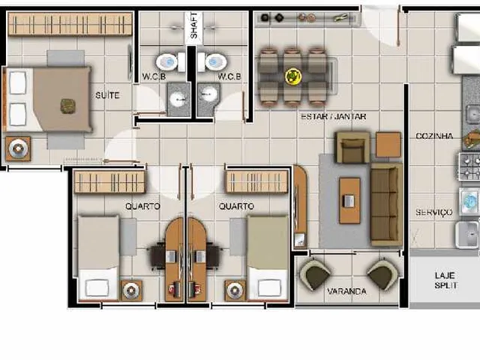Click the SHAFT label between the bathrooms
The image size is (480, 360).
click(x=194, y=25)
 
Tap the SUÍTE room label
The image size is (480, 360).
click(x=107, y=95)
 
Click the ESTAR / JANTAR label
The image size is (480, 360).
click(x=333, y=117)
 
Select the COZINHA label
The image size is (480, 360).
click(x=434, y=136)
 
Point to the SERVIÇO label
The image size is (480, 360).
click(x=433, y=212)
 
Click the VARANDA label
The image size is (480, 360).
click(x=346, y=291)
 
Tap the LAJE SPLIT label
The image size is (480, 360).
click(x=445, y=280)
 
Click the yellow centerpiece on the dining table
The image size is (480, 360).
click(x=293, y=76)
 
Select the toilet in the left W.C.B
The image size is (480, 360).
click(x=170, y=62)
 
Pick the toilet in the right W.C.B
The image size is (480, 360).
click(x=213, y=62)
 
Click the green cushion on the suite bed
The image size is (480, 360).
click(x=67, y=106)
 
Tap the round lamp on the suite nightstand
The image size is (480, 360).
click(x=18, y=149)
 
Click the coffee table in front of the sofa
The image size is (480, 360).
click(x=349, y=200)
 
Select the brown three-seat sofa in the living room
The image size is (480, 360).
click(x=386, y=205)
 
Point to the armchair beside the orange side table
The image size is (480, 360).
click(x=353, y=147)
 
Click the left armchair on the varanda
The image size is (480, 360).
click(x=314, y=274)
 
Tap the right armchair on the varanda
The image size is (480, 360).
click(x=382, y=274)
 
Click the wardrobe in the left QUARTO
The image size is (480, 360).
click(x=109, y=182)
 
